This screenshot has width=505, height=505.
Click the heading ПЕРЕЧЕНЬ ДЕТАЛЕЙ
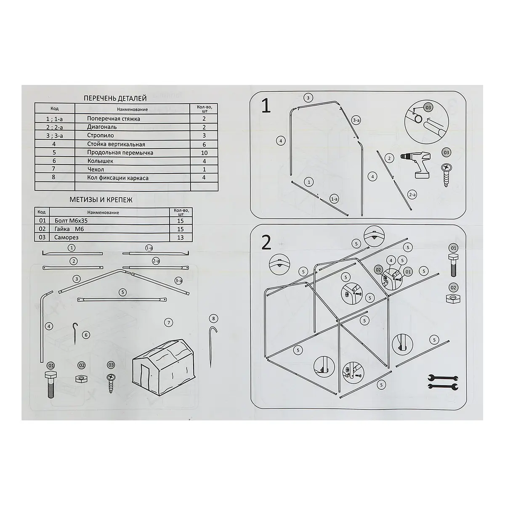[x=115, y=98]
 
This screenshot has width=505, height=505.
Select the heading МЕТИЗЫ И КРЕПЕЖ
[x=101, y=200]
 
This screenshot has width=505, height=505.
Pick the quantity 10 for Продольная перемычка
[x=204, y=153]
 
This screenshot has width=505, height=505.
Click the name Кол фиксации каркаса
[x=118, y=178]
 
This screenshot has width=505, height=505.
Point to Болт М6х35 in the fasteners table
[x=71, y=221]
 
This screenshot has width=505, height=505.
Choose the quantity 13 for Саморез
[x=180, y=237]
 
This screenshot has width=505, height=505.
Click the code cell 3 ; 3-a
[x=55, y=136]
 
